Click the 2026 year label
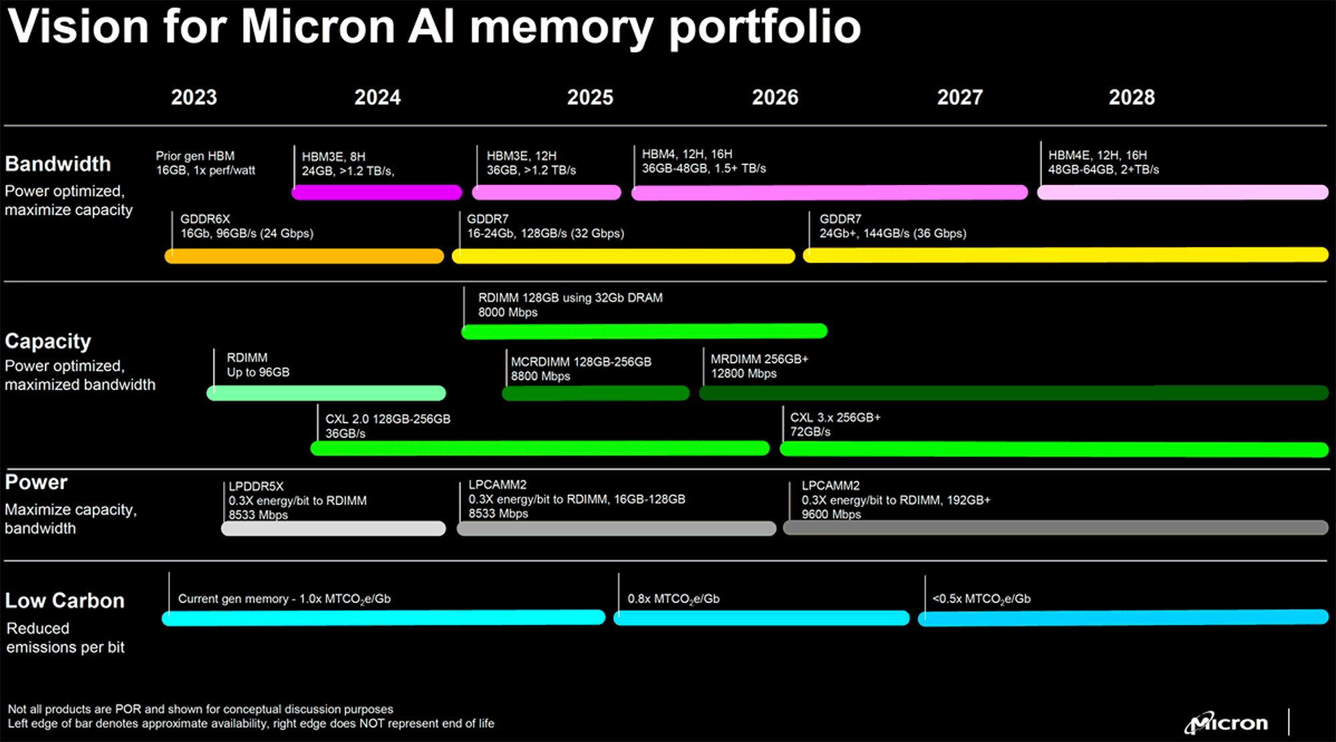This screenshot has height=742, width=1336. [x=775, y=98]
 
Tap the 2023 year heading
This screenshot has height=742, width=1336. [x=194, y=98]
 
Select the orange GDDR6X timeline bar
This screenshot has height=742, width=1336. [x=304, y=256]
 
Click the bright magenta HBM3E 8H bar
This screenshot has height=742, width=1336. [x=377, y=192]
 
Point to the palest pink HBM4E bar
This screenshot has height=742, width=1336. [x=1182, y=192]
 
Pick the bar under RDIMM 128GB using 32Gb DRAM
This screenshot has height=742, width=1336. [x=644, y=331]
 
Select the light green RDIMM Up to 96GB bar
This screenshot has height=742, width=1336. [x=326, y=393]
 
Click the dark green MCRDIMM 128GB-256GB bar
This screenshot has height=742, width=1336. [x=595, y=393]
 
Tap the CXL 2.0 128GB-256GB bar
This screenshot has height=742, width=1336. [x=540, y=448]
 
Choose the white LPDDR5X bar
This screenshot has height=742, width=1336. [x=333, y=528]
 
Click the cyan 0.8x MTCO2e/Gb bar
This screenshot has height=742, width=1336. [x=762, y=618]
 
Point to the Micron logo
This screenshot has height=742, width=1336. [x=1226, y=723]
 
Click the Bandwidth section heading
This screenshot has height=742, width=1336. [x=58, y=164]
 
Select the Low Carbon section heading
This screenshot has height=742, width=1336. [x=65, y=600]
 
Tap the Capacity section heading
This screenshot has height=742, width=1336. [x=48, y=341]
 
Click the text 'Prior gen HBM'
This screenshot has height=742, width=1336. [x=195, y=156]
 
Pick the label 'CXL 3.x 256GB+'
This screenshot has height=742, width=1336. [x=836, y=417]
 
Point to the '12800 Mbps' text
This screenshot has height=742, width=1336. [x=743, y=373]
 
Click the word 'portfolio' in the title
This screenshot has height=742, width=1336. [x=765, y=27]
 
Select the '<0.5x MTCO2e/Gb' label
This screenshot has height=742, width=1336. [x=981, y=599]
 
